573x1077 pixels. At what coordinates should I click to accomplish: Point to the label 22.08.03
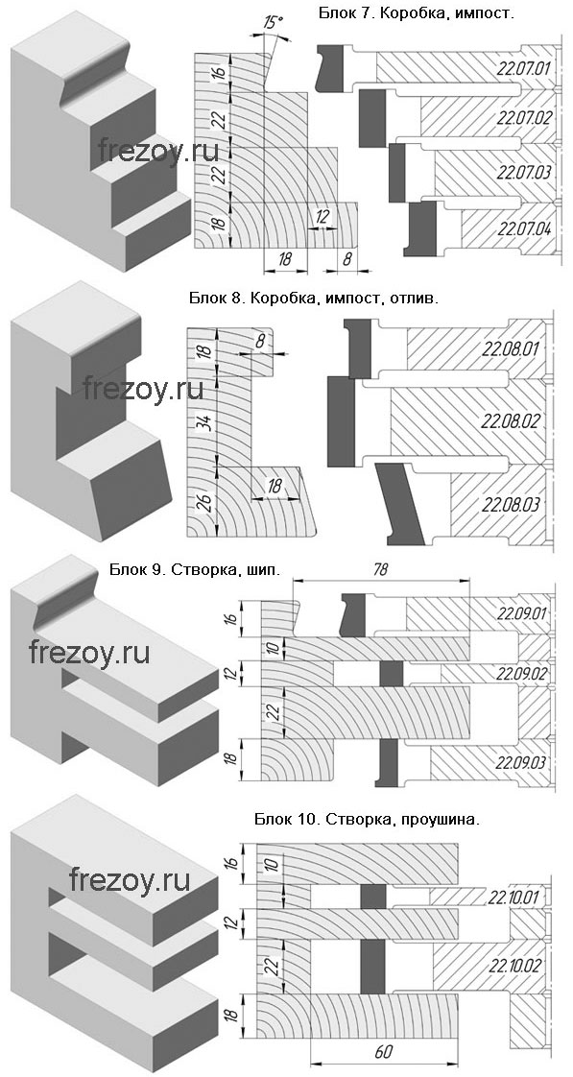[x=512, y=505]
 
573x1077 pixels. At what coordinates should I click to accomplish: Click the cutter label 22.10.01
[x=514, y=897]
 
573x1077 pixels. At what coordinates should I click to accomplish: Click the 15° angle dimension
[x=272, y=23]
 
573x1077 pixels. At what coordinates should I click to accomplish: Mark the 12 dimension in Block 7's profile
[x=321, y=216]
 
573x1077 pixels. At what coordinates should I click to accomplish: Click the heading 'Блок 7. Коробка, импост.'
[x=417, y=12]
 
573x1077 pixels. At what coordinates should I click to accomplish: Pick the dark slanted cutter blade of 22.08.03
[x=400, y=501]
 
